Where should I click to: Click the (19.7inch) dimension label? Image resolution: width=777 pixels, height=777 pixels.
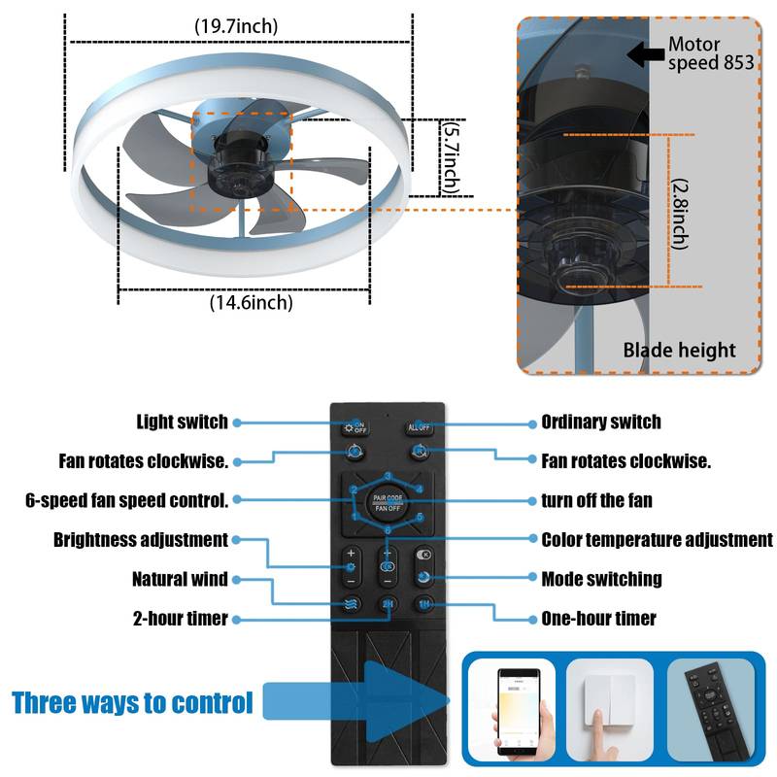coord(236,26)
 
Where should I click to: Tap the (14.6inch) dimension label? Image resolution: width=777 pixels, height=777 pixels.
coord(251,303)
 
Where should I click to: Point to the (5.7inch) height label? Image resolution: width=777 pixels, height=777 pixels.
coord(451,155)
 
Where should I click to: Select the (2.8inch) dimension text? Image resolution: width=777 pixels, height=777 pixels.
coord(680,212)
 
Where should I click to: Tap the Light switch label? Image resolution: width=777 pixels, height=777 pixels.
coord(182,422)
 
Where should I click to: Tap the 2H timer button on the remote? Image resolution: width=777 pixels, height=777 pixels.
coord(388,604)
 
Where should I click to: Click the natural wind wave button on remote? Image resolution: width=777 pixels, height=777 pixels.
coord(351,604)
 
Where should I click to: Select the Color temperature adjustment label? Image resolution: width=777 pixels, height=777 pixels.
coord(657,539)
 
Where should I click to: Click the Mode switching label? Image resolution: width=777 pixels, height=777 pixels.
coord(601,579)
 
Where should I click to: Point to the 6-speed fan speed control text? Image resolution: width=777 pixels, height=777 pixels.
coord(126,501)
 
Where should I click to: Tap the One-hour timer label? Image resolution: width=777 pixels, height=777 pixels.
coord(598,618)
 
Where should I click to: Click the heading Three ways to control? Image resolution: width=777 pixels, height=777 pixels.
coord(132,702)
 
